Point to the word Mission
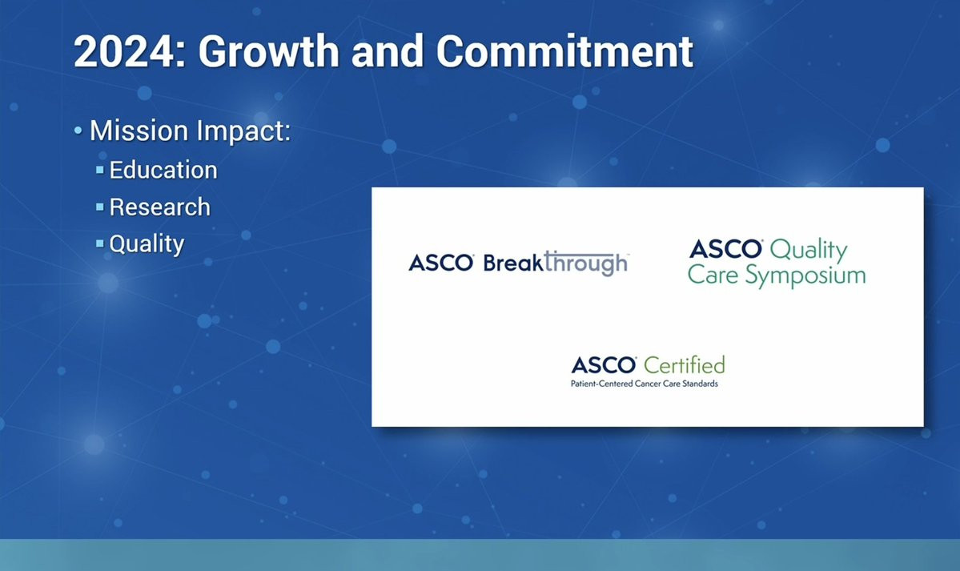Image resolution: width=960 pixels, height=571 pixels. [139, 131]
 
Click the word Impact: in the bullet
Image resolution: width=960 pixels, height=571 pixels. [243, 131]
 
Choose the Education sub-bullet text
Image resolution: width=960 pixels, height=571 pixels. [163, 170]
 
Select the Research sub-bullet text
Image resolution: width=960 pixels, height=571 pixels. [160, 207]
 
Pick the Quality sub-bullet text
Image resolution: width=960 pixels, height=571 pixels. [147, 244]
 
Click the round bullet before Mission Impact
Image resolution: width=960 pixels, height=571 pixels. [78, 131]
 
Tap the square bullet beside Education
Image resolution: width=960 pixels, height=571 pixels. [100, 171]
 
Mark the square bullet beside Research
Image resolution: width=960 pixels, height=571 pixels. [100, 207]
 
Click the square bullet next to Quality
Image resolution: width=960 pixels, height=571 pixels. [100, 243]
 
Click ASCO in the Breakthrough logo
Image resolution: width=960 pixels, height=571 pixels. [441, 263]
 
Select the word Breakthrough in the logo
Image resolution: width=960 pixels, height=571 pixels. [556, 263]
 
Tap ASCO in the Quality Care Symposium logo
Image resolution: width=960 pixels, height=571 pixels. [726, 249]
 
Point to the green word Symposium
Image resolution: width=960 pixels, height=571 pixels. [805, 275]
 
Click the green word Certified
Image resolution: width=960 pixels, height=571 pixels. [685, 365]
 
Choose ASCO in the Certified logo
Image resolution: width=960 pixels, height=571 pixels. [604, 366]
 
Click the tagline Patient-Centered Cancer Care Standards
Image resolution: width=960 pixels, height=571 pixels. [644, 384]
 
